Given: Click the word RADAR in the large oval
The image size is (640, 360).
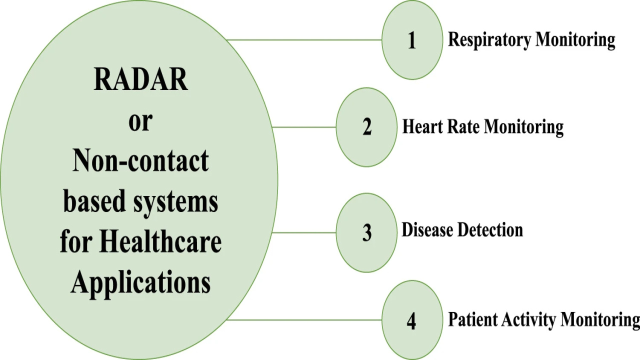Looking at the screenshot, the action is coord(140,79).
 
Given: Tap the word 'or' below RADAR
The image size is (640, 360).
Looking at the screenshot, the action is coord(140,122).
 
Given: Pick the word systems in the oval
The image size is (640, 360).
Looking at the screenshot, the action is coord(175,202).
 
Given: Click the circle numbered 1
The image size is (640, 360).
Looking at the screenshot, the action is coord(412,39).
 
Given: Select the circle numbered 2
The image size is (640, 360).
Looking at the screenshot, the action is coord(366,127).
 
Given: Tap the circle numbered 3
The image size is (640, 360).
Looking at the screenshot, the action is coord(366,233).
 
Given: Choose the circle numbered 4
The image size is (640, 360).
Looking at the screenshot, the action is coord(412,320).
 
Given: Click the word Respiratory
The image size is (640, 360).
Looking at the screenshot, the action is coord(489,40).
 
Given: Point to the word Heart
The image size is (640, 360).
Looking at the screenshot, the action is coord(422,126).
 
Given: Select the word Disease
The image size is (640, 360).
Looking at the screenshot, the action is coord(427,229).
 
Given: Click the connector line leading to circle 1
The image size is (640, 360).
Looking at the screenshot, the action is coord(304,39).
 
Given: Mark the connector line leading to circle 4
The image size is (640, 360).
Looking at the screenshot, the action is coord(304,320).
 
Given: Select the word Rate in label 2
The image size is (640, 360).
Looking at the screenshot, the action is coord(463,126).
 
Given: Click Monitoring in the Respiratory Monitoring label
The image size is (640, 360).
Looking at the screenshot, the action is coord(575,40).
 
